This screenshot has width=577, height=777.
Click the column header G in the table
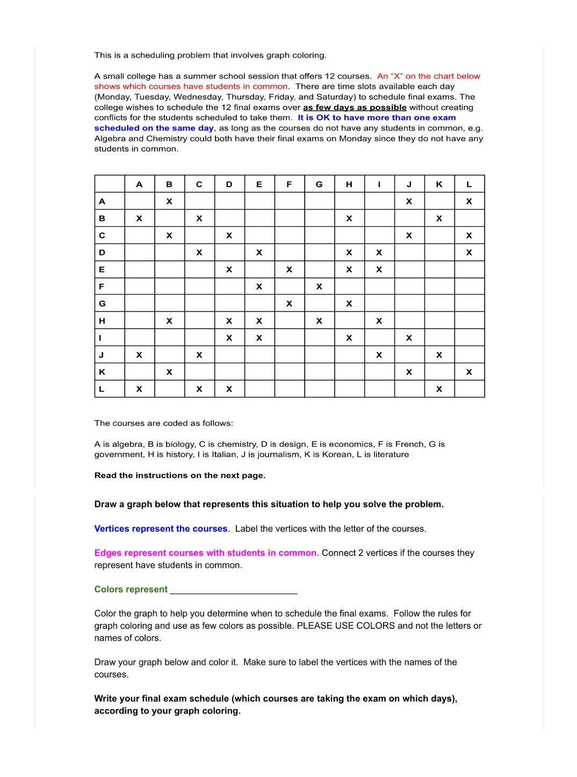click(x=319, y=184)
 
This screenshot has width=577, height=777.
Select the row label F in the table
click(x=102, y=287)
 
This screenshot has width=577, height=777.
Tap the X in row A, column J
click(x=409, y=201)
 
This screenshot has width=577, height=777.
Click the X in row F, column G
click(x=319, y=287)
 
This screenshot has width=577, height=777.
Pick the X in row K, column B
click(x=169, y=372)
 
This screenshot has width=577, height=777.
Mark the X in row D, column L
click(x=469, y=252)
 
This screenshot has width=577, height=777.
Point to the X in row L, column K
click(x=439, y=389)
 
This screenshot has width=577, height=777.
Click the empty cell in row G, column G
click(x=319, y=303)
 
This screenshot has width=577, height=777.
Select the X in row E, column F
click(x=289, y=269)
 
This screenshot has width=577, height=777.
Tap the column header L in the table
click(x=469, y=184)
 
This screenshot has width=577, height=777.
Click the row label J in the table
click(x=102, y=355)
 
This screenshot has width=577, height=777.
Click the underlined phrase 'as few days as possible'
click(x=355, y=108)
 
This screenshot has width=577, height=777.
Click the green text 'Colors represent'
click(x=131, y=589)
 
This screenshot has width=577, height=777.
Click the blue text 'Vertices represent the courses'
click(x=161, y=529)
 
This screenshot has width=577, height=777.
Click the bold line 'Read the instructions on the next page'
click(x=180, y=475)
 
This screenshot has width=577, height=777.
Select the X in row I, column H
click(x=349, y=338)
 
